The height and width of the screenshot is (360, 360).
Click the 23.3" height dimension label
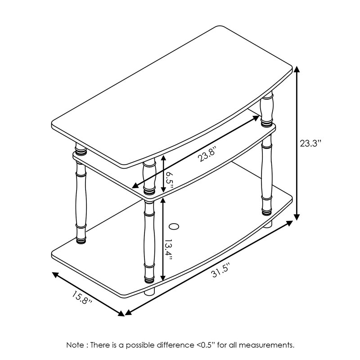click(x=311, y=144)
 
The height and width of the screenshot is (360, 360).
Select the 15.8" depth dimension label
click(x=81, y=299)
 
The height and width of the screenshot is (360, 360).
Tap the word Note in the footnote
click(x=75, y=345)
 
